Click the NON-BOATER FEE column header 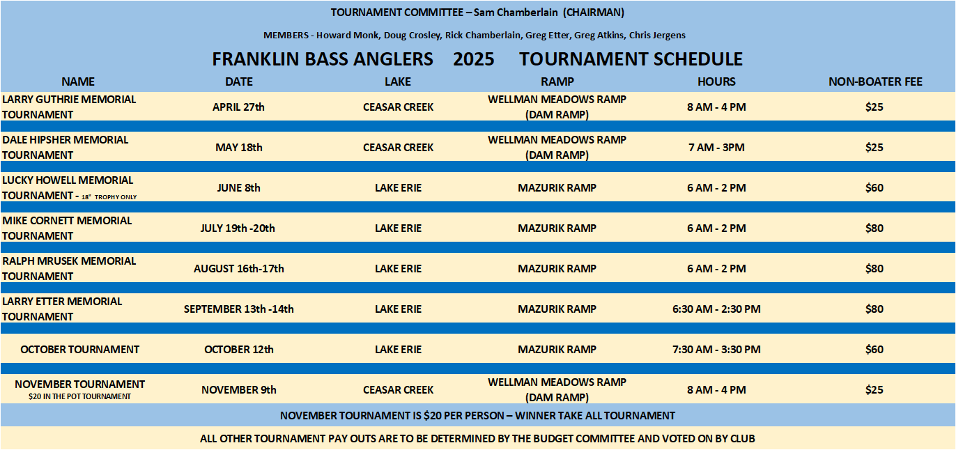click(x=875, y=82)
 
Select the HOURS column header click(x=716, y=82)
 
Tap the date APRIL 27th click(x=238, y=107)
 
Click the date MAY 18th click(x=238, y=148)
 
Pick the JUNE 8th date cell click(x=238, y=188)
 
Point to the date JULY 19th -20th click(x=238, y=228)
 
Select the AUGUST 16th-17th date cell click(x=238, y=269)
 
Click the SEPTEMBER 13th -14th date click(x=238, y=309)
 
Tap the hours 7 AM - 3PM click(x=716, y=148)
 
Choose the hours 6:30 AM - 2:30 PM click(x=716, y=309)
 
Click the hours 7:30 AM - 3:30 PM click(x=716, y=350)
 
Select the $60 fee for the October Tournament click(x=874, y=350)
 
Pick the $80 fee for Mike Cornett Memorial click(x=874, y=228)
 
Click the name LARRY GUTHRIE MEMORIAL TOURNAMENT click(x=69, y=107)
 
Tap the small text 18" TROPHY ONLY click(x=109, y=197)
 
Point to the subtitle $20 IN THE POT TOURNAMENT click(x=80, y=396)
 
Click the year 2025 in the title click(x=474, y=59)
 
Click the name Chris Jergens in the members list click(x=657, y=36)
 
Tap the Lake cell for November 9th click(x=398, y=390)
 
